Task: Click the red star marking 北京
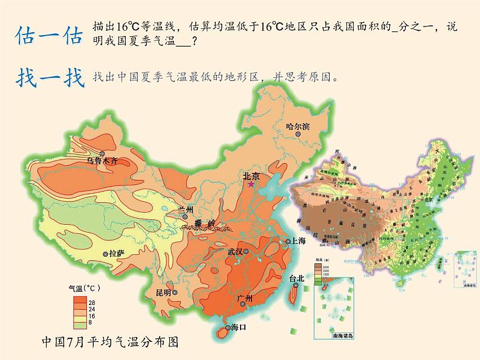251,185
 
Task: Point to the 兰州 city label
186,210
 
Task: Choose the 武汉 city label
235,251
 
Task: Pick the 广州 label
245,298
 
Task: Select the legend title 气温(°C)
88,288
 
